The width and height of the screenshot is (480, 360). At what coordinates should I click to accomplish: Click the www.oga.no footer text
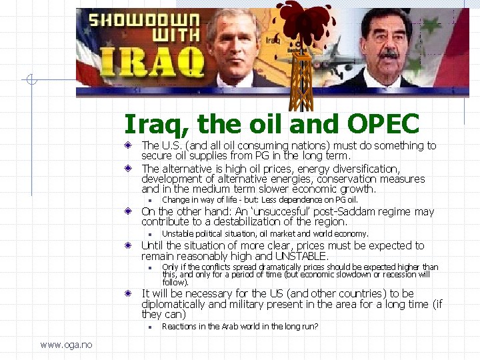(x=66, y=345)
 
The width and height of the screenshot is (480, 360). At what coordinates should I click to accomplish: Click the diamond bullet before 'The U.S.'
(x=133, y=145)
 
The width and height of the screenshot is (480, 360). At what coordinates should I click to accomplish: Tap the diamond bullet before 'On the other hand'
(x=133, y=212)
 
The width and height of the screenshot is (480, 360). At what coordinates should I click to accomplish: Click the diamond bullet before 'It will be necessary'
(x=133, y=293)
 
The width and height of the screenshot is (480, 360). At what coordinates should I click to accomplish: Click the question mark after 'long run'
(x=316, y=327)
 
